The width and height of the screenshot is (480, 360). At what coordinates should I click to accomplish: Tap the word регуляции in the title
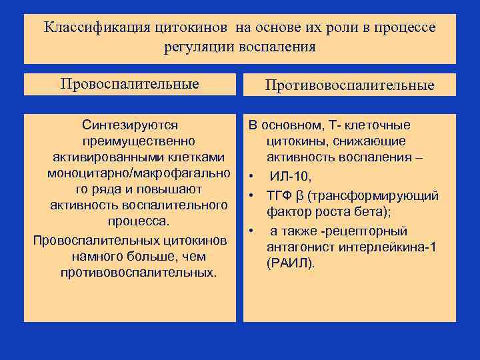196,47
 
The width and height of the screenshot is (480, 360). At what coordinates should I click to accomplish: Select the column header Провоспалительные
129,84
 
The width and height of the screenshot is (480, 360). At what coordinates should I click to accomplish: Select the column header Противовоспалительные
349,85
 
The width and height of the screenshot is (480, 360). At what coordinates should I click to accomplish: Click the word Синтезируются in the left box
129,125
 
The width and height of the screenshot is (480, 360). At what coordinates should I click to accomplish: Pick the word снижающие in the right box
377,141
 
